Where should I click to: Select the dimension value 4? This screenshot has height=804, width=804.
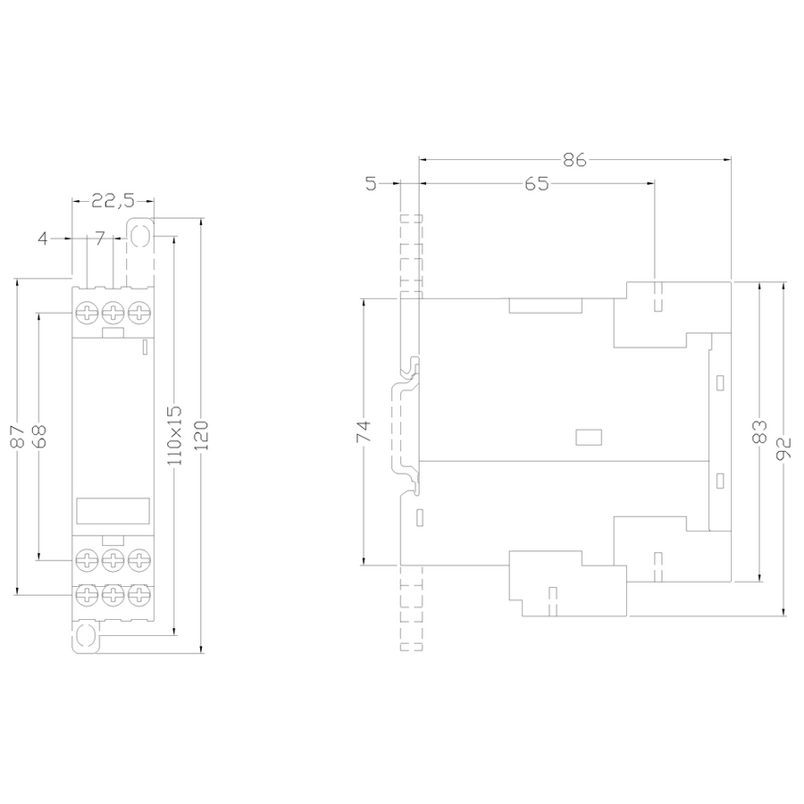(x=43, y=239)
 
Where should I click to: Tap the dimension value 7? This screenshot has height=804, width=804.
(x=99, y=239)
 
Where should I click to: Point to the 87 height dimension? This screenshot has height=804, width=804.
(x=17, y=437)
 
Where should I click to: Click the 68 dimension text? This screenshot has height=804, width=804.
(x=39, y=437)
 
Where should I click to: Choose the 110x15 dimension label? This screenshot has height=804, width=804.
(x=175, y=432)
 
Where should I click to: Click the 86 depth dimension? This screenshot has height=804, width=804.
(x=574, y=161)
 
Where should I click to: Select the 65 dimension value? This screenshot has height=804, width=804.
(x=536, y=184)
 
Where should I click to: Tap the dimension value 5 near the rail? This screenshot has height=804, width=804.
(x=372, y=184)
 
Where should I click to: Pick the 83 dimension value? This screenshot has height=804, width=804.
(x=759, y=431)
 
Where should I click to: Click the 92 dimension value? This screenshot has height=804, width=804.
(x=783, y=444)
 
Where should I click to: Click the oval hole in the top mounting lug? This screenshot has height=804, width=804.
(x=140, y=235)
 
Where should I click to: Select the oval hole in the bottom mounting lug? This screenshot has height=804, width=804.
(x=86, y=636)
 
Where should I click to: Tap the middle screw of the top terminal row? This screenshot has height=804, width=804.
(x=113, y=313)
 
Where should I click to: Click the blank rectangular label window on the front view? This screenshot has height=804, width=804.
(x=113, y=511)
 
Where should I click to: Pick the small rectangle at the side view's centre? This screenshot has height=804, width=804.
(x=589, y=437)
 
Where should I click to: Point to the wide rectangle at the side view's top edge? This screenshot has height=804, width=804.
(x=545, y=306)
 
